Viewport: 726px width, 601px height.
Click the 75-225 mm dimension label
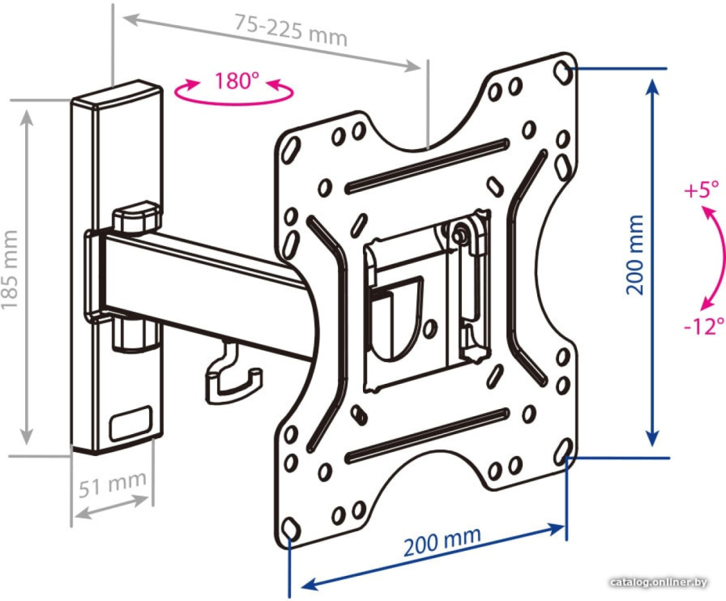(290, 30)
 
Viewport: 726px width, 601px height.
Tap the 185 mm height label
(10, 270)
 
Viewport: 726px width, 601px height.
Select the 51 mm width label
(112, 484)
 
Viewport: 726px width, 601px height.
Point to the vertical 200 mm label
(635, 255)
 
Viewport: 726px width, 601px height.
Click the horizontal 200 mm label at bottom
(442, 542)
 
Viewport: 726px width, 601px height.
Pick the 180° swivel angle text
(236, 81)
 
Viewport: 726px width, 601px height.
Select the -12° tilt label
(704, 326)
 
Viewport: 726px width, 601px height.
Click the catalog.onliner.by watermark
(659, 582)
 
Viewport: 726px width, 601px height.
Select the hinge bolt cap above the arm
(137, 218)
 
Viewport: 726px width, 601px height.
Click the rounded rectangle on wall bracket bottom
(131, 423)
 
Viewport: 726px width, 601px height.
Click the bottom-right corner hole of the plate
(562, 450)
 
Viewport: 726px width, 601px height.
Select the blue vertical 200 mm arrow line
(652, 263)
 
